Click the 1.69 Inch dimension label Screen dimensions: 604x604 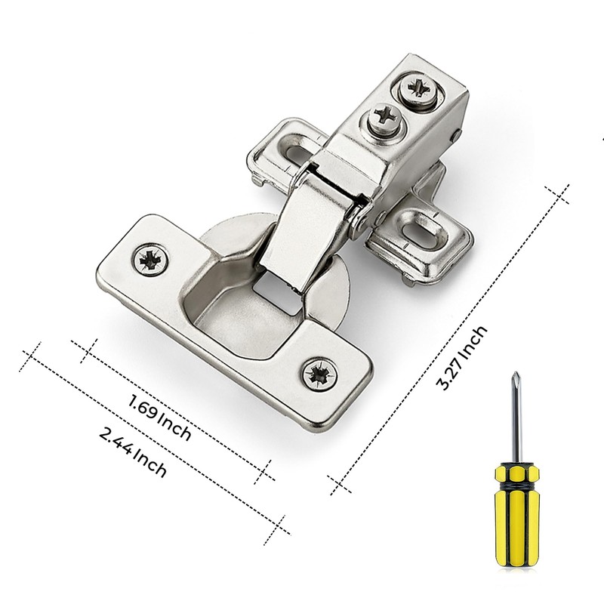[x=159, y=418]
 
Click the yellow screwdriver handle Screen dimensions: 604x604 [x=516, y=513]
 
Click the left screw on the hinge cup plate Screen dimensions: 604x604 [x=151, y=260]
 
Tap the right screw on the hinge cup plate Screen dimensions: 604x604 [x=319, y=374]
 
